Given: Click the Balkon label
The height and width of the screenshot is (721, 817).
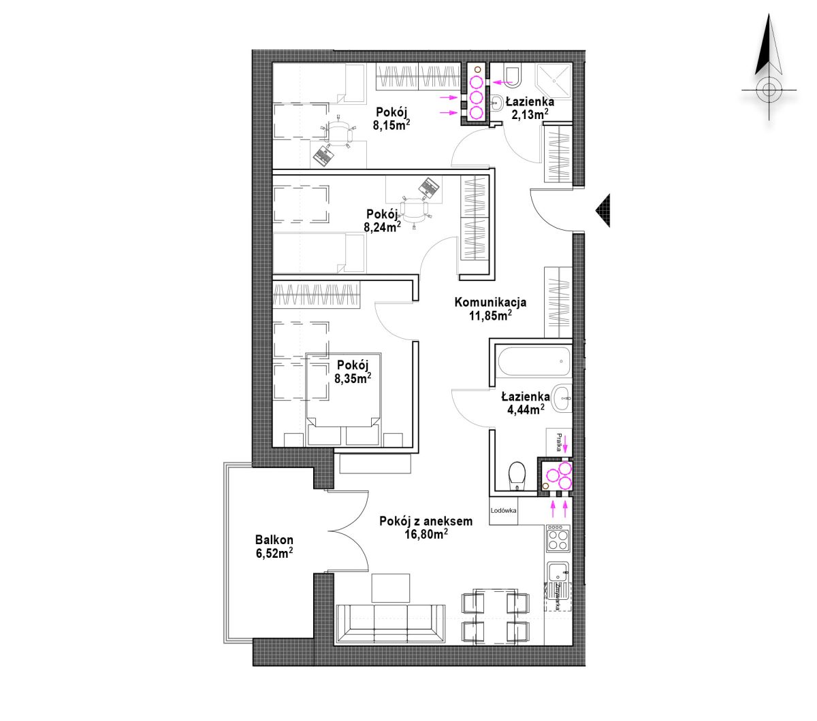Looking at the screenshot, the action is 274,539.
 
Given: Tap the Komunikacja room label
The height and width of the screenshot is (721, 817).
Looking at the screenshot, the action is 490,302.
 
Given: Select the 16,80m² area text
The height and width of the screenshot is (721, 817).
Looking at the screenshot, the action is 426,534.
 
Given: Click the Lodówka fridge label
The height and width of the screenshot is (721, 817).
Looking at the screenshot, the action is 503,510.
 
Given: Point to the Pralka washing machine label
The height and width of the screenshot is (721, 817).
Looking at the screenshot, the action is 559,441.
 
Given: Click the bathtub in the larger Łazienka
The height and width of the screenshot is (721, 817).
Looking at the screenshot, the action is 534,361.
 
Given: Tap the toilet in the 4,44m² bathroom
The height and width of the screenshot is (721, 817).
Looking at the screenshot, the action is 517,477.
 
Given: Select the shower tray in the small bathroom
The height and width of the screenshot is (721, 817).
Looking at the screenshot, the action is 553,81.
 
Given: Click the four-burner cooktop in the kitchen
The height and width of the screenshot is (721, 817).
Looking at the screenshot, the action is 558,538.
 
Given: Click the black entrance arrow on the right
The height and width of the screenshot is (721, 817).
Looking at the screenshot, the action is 603,210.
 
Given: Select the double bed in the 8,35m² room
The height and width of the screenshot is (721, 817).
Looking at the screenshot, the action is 343,399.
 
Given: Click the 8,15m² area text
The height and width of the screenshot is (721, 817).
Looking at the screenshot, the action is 391,125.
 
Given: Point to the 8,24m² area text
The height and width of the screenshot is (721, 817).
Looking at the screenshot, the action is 383,227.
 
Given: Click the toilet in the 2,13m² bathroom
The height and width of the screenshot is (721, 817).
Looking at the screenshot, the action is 513,77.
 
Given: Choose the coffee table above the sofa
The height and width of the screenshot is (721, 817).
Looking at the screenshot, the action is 390,588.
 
